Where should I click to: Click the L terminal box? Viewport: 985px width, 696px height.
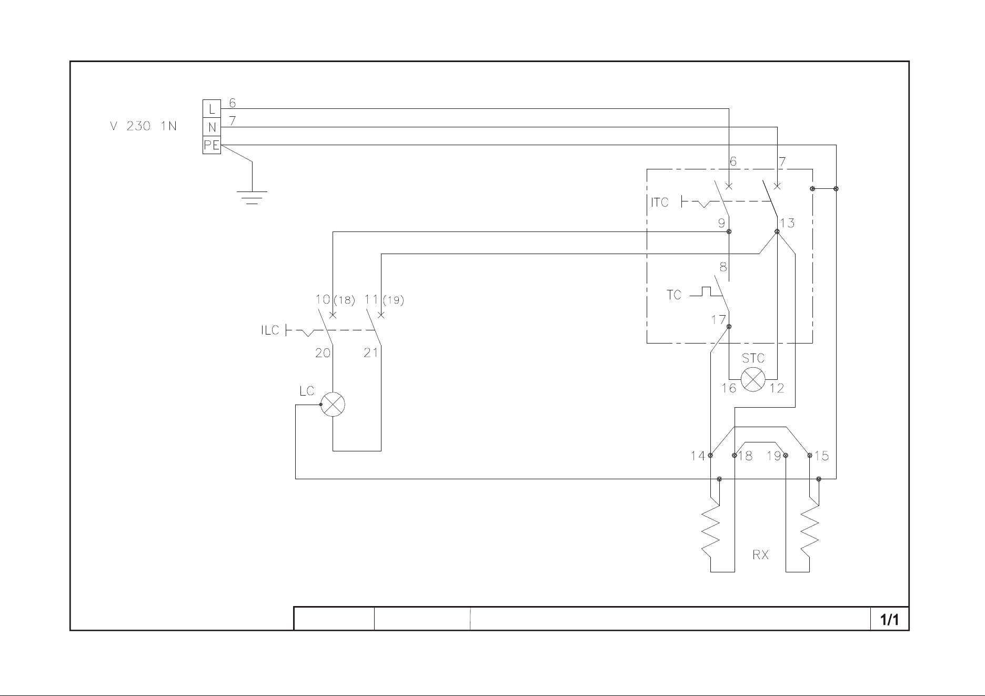click(212, 109)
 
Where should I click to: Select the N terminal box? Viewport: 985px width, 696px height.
click(212, 127)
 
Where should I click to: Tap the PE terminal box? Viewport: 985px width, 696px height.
click(212, 145)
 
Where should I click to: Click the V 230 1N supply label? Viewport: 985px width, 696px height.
click(143, 127)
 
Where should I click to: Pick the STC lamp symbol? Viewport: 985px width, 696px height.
click(753, 379)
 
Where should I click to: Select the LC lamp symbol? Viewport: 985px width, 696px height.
click(333, 405)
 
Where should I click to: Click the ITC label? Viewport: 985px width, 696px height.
click(660, 202)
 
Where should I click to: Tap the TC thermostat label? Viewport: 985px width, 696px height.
click(674, 295)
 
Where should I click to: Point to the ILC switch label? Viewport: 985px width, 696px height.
click(270, 331)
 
